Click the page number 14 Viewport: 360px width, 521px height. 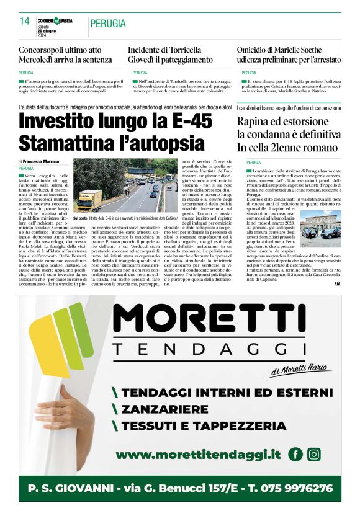tap(25, 21)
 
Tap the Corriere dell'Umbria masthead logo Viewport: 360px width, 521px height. tap(55, 20)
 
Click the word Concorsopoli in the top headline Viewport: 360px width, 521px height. tap(45, 49)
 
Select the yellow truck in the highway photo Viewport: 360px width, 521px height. tap(89, 200)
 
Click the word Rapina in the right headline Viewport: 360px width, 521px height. tap(253, 122)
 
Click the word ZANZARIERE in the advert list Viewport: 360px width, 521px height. tap(164, 409)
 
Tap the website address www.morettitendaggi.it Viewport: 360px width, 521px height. tap(198, 455)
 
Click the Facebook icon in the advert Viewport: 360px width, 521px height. tap(295, 455)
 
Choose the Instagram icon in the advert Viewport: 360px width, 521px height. tap(314, 455)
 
